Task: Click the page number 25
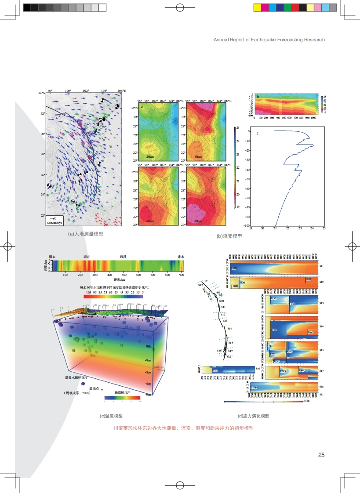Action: click(321, 455)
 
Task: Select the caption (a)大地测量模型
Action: click(86, 234)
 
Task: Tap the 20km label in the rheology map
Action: click(150, 156)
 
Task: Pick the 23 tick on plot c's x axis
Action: click(300, 228)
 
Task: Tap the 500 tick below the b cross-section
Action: click(284, 118)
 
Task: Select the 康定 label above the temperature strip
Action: click(87, 256)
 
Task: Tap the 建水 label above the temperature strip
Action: click(180, 256)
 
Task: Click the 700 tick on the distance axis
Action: click(153, 275)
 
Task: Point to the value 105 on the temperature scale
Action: click(88, 291)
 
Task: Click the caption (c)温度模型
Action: click(111, 416)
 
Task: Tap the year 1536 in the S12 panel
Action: click(242, 282)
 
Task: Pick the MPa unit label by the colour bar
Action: click(306, 402)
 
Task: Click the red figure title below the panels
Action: click(183, 428)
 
